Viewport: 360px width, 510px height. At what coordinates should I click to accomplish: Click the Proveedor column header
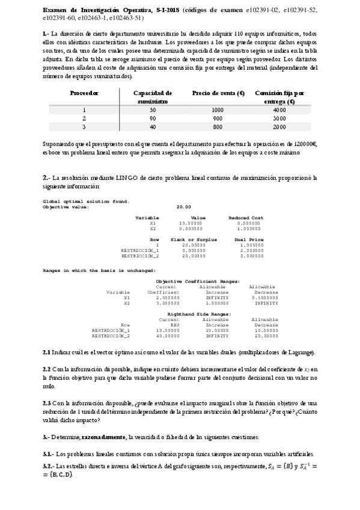click(84, 93)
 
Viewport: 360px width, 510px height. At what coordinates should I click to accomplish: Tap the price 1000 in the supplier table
click(217, 110)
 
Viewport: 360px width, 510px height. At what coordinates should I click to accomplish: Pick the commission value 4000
click(279, 110)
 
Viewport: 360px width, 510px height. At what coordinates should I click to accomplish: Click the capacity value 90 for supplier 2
click(153, 118)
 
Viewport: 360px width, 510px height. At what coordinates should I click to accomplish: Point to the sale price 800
click(217, 127)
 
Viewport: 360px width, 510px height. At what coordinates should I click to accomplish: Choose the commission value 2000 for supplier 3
click(279, 127)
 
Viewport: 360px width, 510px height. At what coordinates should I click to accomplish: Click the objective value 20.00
click(183, 206)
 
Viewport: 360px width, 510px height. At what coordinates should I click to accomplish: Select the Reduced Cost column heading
click(245, 217)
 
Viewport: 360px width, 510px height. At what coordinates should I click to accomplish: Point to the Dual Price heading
click(245, 239)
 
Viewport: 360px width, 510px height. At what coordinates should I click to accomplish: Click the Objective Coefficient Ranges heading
click(198, 281)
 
